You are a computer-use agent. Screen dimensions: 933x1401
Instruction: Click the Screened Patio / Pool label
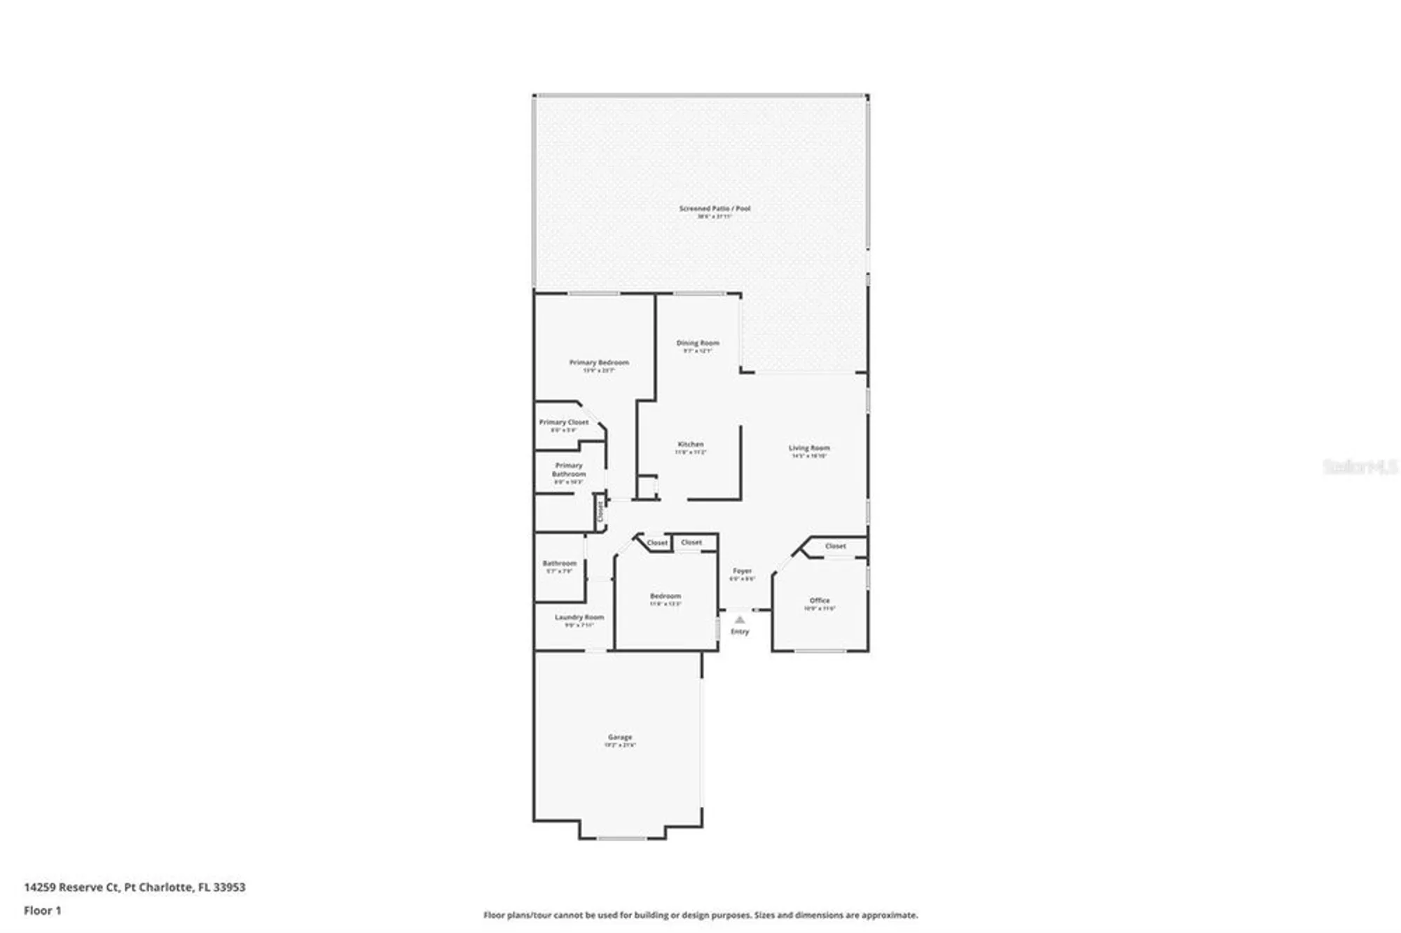pos(714,209)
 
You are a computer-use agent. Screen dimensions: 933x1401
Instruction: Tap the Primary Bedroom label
pos(599,363)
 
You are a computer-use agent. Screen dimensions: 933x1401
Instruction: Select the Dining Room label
pos(698,343)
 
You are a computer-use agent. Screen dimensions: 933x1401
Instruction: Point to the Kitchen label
pos(690,445)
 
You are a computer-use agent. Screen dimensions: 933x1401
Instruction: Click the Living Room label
pos(809,448)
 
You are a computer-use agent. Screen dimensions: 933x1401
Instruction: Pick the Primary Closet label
pos(564,422)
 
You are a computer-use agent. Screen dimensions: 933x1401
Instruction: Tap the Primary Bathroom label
pos(569,470)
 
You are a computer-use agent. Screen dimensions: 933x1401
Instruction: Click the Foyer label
pos(742,572)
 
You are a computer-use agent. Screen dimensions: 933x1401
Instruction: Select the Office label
pos(820,601)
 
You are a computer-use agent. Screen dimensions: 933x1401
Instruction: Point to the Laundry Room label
pos(579,618)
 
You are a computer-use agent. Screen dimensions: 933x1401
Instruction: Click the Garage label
pos(620,738)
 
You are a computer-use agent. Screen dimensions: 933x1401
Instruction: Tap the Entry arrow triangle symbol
pos(740,620)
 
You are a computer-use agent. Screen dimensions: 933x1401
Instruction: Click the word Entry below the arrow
pos(740,632)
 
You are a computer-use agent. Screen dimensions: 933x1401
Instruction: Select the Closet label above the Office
pos(835,546)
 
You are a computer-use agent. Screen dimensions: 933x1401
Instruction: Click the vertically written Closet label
pos(600,512)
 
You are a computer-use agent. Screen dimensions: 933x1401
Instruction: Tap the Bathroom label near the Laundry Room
pos(559,564)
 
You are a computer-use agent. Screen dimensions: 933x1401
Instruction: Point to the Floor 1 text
pos(43,911)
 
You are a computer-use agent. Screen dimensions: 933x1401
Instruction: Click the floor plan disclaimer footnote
pos(700,915)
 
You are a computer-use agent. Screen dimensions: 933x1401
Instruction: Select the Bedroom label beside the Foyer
pos(665,597)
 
